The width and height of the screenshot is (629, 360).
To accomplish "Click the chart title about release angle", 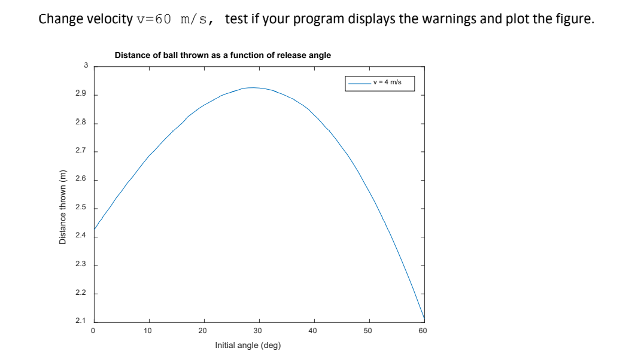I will point(222,55).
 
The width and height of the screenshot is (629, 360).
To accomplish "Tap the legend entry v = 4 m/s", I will point(387,83).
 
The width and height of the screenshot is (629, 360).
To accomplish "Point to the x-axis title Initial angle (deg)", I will point(248,345).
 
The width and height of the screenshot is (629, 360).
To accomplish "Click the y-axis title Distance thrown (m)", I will point(62,207).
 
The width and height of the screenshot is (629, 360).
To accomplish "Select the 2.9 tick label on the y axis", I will point(81,94).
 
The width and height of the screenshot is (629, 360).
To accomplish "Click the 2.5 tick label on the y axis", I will point(81,208).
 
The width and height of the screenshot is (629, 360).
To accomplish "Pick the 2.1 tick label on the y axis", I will point(81,321).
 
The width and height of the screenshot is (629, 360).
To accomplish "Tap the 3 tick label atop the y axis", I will point(85,65).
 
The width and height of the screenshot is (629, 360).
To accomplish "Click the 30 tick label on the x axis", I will point(257,330).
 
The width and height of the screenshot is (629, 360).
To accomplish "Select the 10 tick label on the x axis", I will point(148,330).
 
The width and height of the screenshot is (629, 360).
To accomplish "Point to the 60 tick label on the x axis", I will point(423,330).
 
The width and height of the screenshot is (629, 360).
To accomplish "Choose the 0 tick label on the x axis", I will point(93,330).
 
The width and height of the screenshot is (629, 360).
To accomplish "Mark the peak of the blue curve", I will point(254,88).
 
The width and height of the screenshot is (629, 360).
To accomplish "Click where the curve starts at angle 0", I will point(94,229).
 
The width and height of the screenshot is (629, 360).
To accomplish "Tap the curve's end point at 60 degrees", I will point(424,319).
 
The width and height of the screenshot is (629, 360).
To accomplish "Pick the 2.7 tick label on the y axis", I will point(81,151).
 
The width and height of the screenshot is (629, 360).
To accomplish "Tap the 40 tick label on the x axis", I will point(312,330).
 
